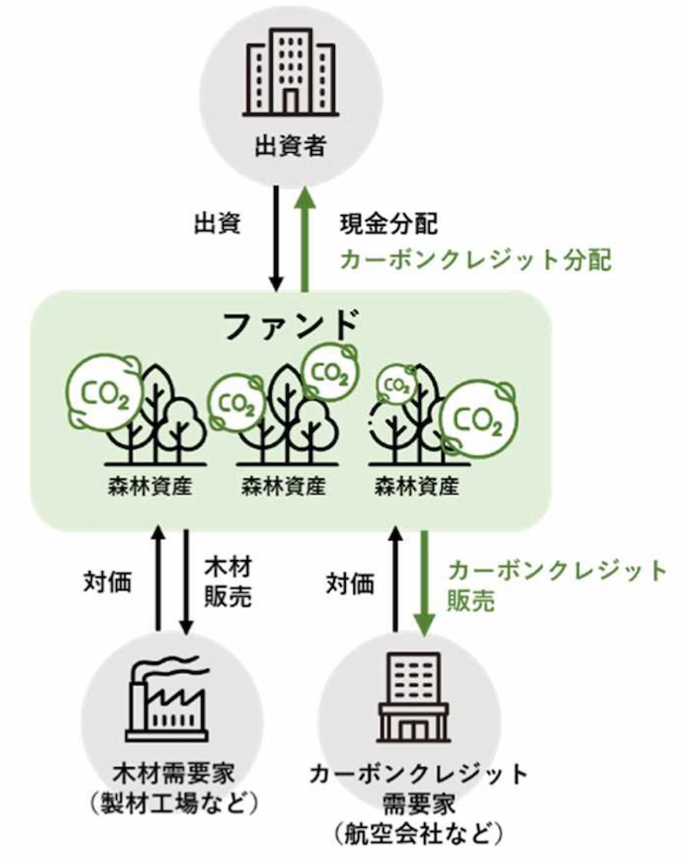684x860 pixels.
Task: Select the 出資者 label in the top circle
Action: [291, 147]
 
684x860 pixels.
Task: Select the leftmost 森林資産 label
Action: [149, 486]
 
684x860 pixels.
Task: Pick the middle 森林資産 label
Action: [283, 486]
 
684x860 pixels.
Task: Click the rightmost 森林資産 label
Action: [417, 486]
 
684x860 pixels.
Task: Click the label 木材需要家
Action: [174, 772]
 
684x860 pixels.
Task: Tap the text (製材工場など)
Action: [174, 803]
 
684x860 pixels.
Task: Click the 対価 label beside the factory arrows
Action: [108, 581]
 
